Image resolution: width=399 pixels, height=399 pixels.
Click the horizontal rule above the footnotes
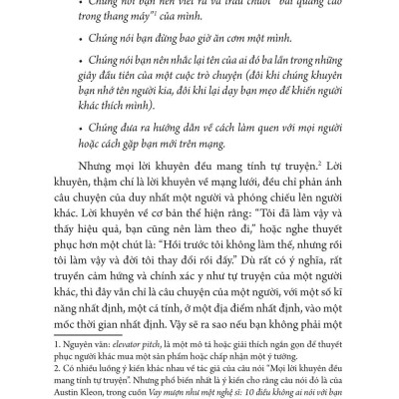(x=80, y=335)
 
